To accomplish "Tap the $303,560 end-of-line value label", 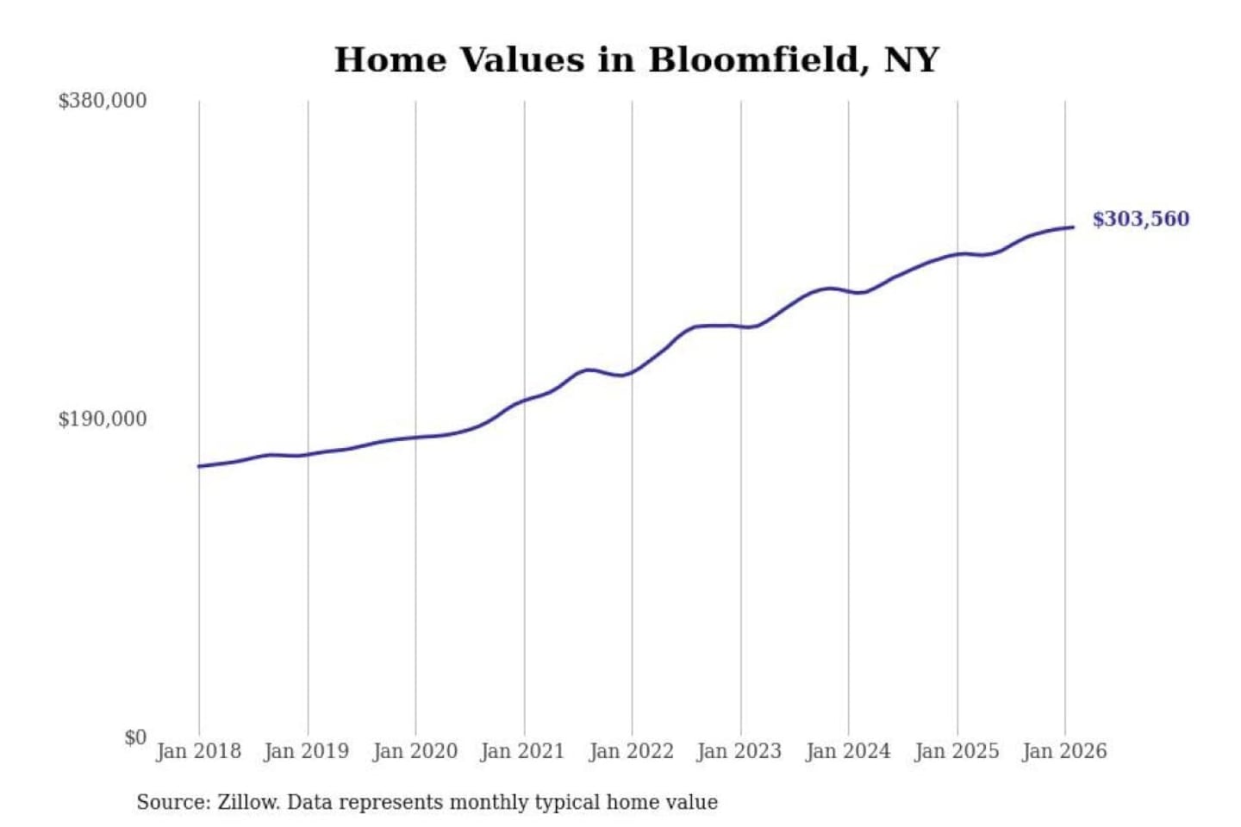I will (1140, 219).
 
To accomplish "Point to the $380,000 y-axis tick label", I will (102, 101).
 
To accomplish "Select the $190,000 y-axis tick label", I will (102, 419).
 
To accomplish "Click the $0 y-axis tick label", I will (134, 737).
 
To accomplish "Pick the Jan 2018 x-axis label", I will (198, 751).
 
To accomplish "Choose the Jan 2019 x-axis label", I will (306, 751).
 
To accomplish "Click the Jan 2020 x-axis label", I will (415, 751).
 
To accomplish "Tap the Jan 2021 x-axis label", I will (522, 751).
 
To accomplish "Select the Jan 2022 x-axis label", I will (631, 751).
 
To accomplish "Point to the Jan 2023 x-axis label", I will (739, 751).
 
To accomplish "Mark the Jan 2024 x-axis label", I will (847, 751).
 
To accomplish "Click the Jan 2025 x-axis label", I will (956, 751).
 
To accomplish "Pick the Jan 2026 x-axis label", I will (1063, 751).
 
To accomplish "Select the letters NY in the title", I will (911, 59).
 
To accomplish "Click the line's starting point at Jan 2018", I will (199, 466).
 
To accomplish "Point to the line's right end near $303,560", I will (1073, 227).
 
